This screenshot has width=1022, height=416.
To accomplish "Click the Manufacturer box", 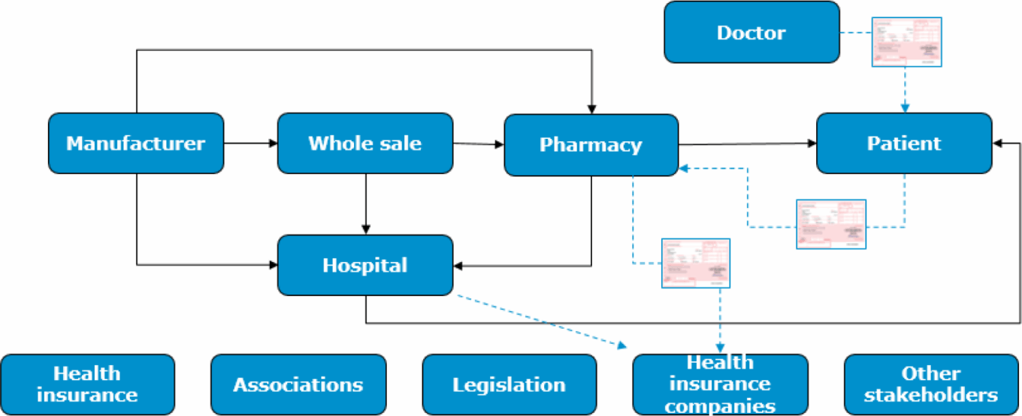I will pyautogui.click(x=136, y=143).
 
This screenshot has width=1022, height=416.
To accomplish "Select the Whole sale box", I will pyautogui.click(x=365, y=143).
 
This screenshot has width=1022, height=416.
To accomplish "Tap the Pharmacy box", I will pyautogui.click(x=591, y=145).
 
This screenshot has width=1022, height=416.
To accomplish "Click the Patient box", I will pyautogui.click(x=904, y=143).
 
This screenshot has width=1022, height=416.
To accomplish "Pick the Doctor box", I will pyautogui.click(x=751, y=32).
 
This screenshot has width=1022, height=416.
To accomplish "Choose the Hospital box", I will pyautogui.click(x=365, y=265).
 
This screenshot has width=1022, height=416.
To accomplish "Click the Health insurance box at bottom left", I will pyautogui.click(x=87, y=384).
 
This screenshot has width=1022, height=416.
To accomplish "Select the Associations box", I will pyautogui.click(x=298, y=384).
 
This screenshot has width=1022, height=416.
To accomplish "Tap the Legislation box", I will pyautogui.click(x=509, y=384).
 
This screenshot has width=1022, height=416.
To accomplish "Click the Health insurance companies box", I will pyautogui.click(x=720, y=384).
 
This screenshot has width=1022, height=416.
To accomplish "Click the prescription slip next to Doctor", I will pyautogui.click(x=906, y=42).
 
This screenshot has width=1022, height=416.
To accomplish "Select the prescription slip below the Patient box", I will pyautogui.click(x=831, y=224).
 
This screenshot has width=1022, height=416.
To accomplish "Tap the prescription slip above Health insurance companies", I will pyautogui.click(x=696, y=263).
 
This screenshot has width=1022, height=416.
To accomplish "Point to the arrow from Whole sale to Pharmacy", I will pyautogui.click(x=478, y=143).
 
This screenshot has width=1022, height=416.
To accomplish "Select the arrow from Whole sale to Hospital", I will pyautogui.click(x=366, y=203).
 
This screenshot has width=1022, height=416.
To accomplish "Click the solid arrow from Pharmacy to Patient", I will pyautogui.click(x=748, y=143).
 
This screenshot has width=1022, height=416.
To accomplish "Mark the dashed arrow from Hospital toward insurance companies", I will pyautogui.click(x=541, y=321).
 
